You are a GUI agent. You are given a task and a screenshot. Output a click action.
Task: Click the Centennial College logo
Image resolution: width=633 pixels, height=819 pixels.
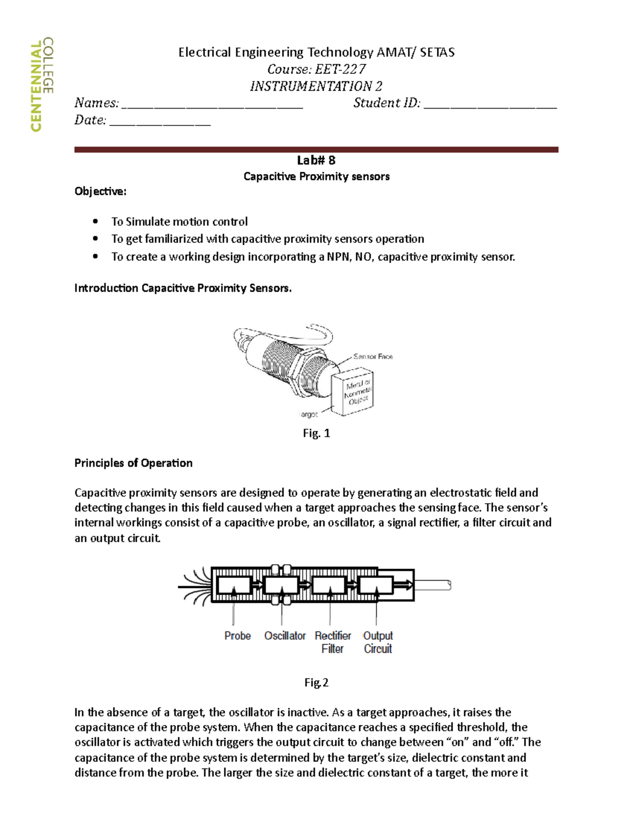click(x=42, y=84)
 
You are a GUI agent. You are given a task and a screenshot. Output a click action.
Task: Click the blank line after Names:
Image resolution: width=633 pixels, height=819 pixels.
click(x=212, y=104)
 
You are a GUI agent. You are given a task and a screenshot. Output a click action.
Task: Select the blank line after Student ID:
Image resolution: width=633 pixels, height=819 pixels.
click(x=490, y=104)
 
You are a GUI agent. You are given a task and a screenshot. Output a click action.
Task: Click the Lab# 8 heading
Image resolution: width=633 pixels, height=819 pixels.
click(x=316, y=160)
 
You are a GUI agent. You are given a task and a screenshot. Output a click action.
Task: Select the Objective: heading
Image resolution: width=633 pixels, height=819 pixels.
click(x=100, y=191)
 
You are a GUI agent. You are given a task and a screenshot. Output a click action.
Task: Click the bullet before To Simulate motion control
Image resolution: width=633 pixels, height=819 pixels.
click(x=95, y=221)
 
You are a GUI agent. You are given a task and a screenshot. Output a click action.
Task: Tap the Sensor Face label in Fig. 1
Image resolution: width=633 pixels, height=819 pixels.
click(x=373, y=356)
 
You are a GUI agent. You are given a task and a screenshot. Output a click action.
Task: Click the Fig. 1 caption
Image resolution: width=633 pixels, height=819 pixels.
click(x=316, y=433)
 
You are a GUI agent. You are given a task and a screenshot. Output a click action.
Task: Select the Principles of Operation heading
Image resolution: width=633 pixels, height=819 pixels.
click(x=133, y=463)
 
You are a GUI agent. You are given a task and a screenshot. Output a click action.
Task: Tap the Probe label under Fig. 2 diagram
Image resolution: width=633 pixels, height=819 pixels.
click(x=237, y=635)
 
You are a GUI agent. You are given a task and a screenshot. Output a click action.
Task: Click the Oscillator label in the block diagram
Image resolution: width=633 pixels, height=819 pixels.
click(x=285, y=635)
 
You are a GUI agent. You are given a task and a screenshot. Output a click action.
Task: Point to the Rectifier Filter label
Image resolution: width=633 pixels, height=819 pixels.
click(x=332, y=642)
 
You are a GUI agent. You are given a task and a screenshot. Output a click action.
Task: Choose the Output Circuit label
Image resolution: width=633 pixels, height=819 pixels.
click(x=378, y=642)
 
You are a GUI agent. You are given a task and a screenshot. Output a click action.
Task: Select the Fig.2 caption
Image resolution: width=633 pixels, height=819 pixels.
click(x=316, y=682)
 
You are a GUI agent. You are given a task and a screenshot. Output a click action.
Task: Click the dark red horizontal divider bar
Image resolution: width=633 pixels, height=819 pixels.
click(x=316, y=150)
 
